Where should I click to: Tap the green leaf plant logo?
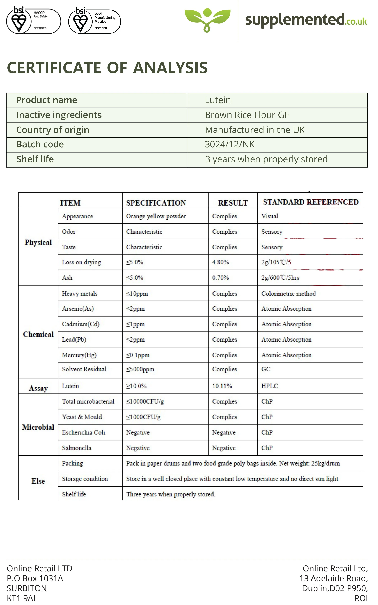[207, 20]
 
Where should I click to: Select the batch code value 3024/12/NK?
[230, 145]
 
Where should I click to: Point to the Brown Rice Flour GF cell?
[247, 115]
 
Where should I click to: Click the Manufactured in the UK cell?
[255, 130]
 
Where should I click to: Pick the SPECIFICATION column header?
[156, 203]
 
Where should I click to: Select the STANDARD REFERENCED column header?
[311, 202]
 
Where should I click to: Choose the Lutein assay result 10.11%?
[222, 386]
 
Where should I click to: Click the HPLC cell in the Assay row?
[269, 386]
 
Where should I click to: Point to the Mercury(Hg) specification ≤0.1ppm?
[138, 355]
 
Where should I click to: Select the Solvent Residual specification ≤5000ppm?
[140, 369]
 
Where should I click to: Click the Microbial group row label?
[38, 427]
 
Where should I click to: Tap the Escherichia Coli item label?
[84, 432]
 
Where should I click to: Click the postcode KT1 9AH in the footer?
[23, 598]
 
